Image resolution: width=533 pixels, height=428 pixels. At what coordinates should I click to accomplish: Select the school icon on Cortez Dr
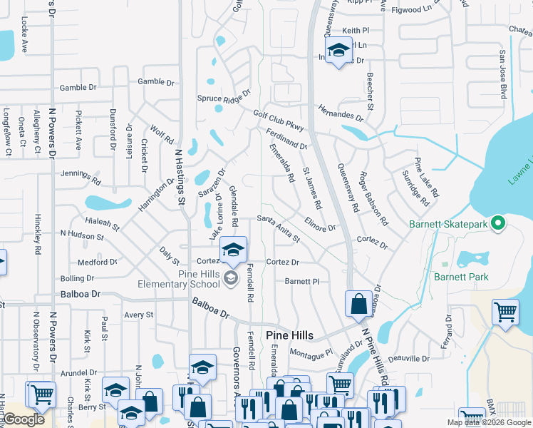[x=233, y=251]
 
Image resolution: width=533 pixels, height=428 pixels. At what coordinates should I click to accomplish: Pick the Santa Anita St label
[x=279, y=228]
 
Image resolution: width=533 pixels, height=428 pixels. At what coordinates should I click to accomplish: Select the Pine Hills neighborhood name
[x=290, y=335]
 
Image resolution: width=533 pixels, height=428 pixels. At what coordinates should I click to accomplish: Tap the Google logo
[x=24, y=420]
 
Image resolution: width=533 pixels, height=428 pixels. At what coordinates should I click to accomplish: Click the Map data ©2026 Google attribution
[x=489, y=422]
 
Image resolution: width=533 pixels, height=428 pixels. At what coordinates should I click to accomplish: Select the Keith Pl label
[x=356, y=31]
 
